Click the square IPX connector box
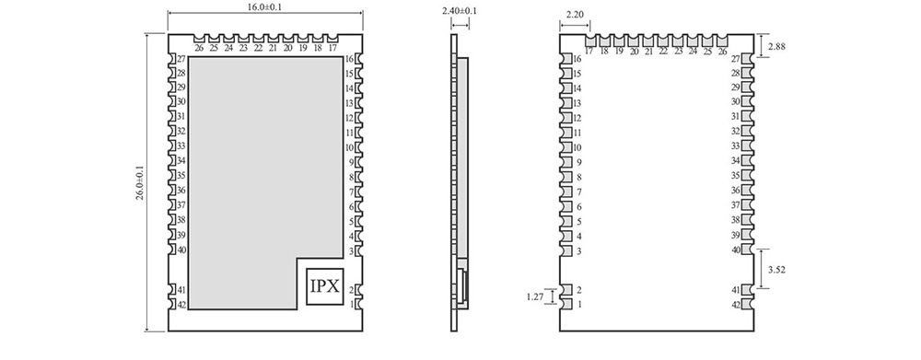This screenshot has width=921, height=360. (324, 286)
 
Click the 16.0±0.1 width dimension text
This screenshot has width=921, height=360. (265, 6)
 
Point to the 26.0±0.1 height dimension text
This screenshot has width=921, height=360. (140, 183)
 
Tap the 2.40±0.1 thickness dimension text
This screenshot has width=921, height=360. (460, 11)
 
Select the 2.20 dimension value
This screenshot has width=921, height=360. (575, 16)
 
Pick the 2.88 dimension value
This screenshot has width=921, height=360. (775, 46)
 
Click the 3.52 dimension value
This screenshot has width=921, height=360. (776, 270)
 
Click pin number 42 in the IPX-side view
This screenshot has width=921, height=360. (181, 305)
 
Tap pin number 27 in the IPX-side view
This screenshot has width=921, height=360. (181, 59)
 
